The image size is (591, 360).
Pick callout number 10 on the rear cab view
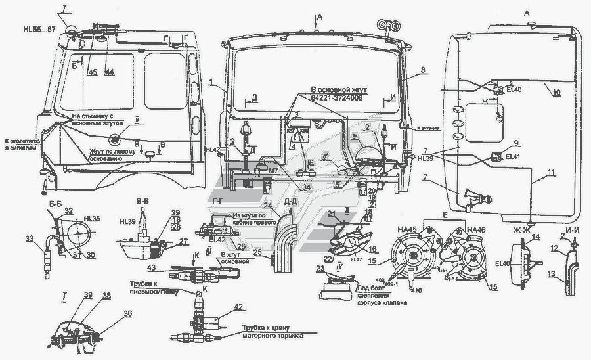click(x=556, y=93)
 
